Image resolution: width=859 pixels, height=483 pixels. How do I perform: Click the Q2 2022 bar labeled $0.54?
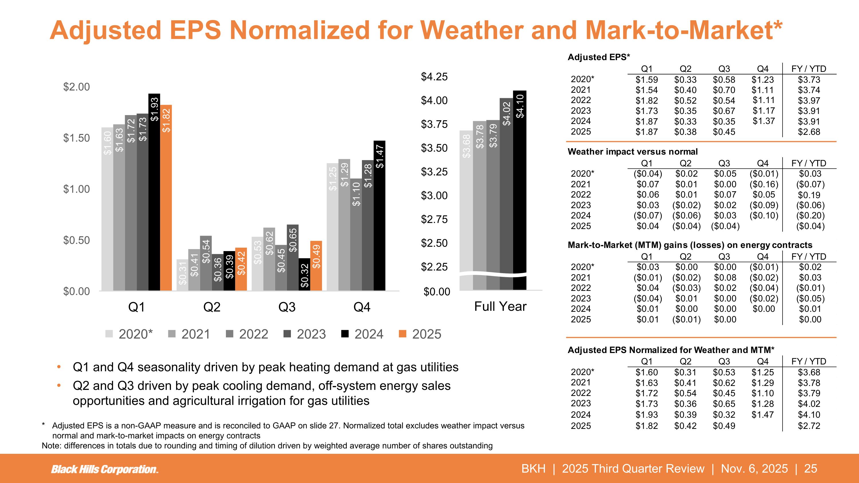(206, 263)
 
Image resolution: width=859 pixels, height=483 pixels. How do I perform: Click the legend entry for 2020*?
(129, 334)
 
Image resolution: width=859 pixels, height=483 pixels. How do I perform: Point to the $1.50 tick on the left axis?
(77, 138)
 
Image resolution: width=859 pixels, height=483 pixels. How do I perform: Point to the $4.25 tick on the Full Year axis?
(434, 77)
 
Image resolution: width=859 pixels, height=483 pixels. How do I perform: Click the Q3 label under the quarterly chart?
(287, 307)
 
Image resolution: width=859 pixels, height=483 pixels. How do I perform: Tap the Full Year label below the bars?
(500, 306)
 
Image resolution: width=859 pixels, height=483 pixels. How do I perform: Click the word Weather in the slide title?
(474, 30)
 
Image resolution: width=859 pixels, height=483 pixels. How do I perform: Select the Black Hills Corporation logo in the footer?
(105, 469)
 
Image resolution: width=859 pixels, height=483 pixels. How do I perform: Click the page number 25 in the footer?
(811, 469)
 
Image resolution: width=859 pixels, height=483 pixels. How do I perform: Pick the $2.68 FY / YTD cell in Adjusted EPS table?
(809, 132)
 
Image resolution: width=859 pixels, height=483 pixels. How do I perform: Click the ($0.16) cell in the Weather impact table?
(764, 184)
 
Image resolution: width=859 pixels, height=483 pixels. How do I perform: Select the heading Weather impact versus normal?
(633, 152)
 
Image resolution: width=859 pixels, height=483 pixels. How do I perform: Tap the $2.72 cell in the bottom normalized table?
(809, 426)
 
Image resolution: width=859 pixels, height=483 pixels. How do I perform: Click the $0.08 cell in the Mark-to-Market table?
(725, 278)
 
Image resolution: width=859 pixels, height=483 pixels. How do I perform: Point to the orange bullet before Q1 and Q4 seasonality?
(59, 367)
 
